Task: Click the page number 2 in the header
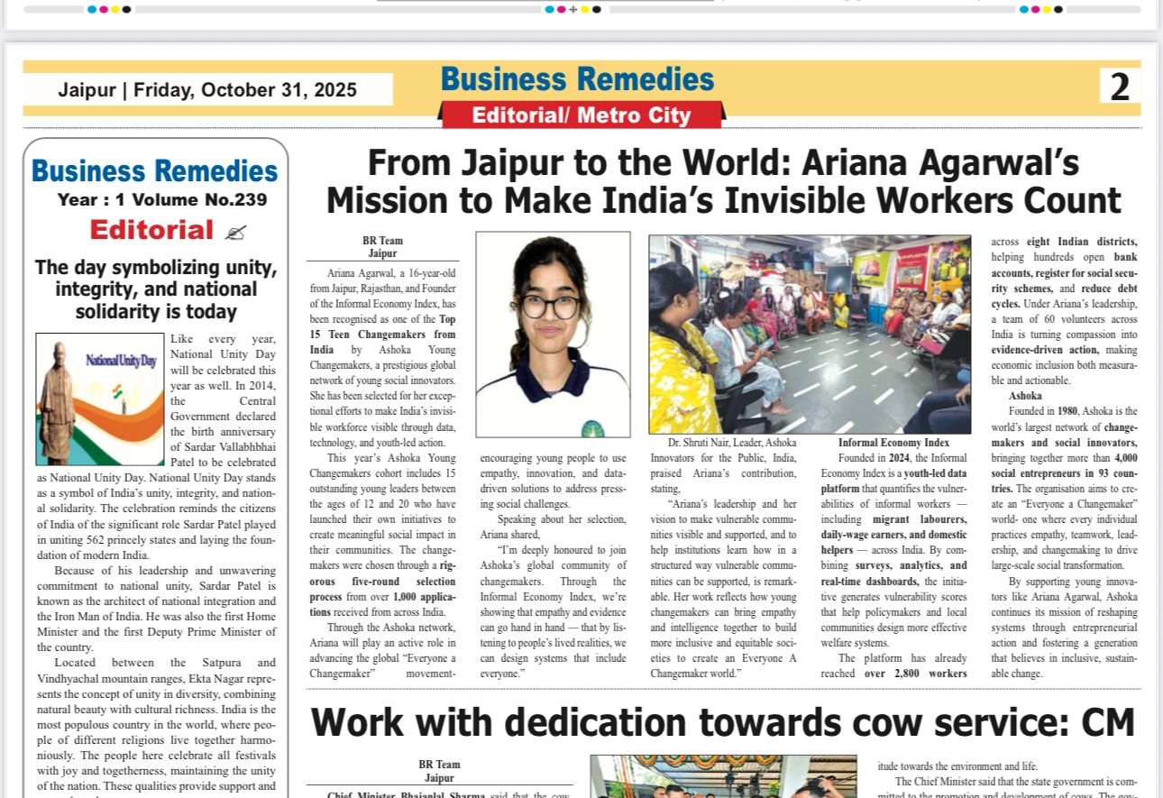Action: tap(1119, 87)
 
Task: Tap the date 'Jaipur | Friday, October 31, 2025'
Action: tap(207, 90)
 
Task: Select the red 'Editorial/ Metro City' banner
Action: tap(581, 115)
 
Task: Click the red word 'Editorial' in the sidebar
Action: tap(151, 230)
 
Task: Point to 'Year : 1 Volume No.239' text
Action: tap(162, 200)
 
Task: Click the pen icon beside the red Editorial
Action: tap(235, 232)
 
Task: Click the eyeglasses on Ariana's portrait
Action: tap(550, 307)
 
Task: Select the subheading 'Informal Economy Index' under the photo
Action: tap(893, 443)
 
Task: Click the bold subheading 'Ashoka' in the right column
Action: tap(1025, 396)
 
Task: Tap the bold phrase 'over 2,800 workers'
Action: tap(915, 674)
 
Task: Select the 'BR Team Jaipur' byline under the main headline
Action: tap(382, 247)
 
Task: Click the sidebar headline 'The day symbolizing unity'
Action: tap(155, 268)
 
